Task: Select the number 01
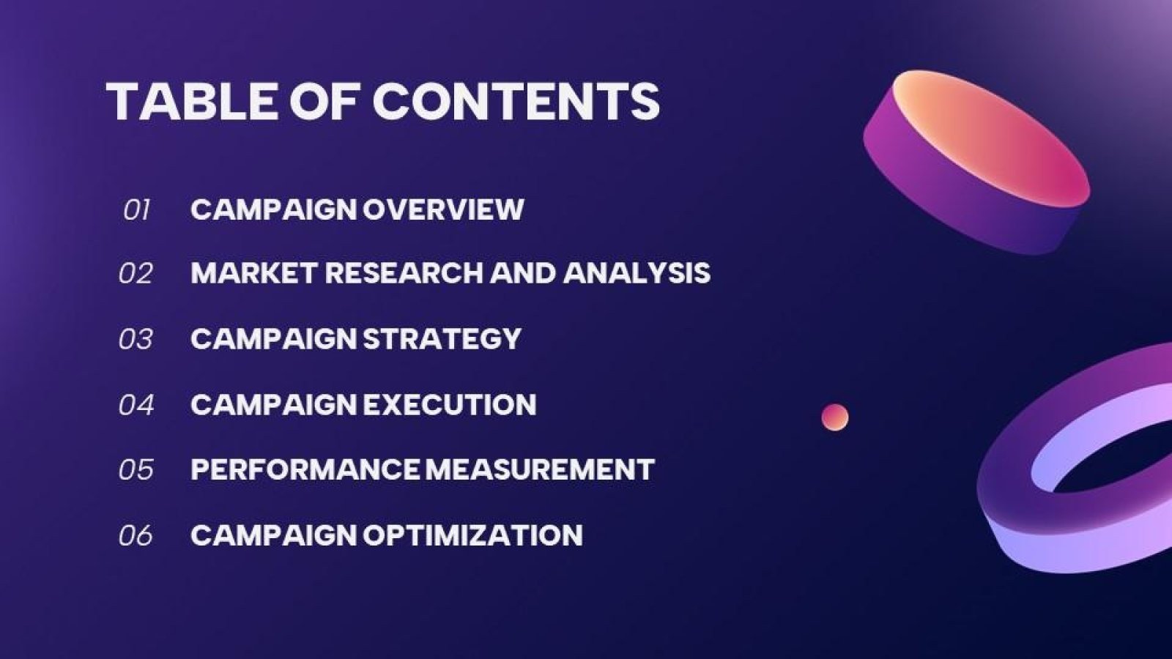136,210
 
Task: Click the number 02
136,274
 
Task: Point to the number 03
136,339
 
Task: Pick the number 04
136,405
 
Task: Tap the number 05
136,469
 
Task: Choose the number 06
136,535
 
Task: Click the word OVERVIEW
443,209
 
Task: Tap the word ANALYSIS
637,273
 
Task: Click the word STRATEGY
442,339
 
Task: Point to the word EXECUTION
449,405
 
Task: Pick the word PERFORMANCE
306,469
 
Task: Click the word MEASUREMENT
540,469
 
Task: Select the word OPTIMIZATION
472,535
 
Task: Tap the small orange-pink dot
835,417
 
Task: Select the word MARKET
253,273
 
